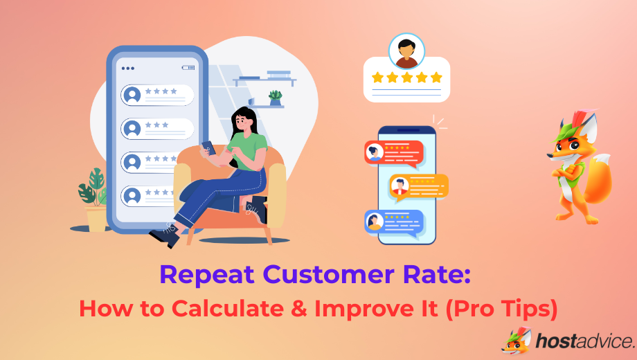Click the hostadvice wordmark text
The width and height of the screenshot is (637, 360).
pos(585,340)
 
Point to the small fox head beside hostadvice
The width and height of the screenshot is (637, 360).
pos(515,340)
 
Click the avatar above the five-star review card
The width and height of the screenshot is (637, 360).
pos(406,51)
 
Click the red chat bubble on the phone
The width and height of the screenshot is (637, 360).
pos(393,152)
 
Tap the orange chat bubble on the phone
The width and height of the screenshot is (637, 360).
pos(418,186)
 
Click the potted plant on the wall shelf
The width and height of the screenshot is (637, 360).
pos(276,97)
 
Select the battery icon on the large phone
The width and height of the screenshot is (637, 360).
pos(188,68)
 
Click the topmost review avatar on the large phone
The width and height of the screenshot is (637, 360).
pos(132,95)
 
